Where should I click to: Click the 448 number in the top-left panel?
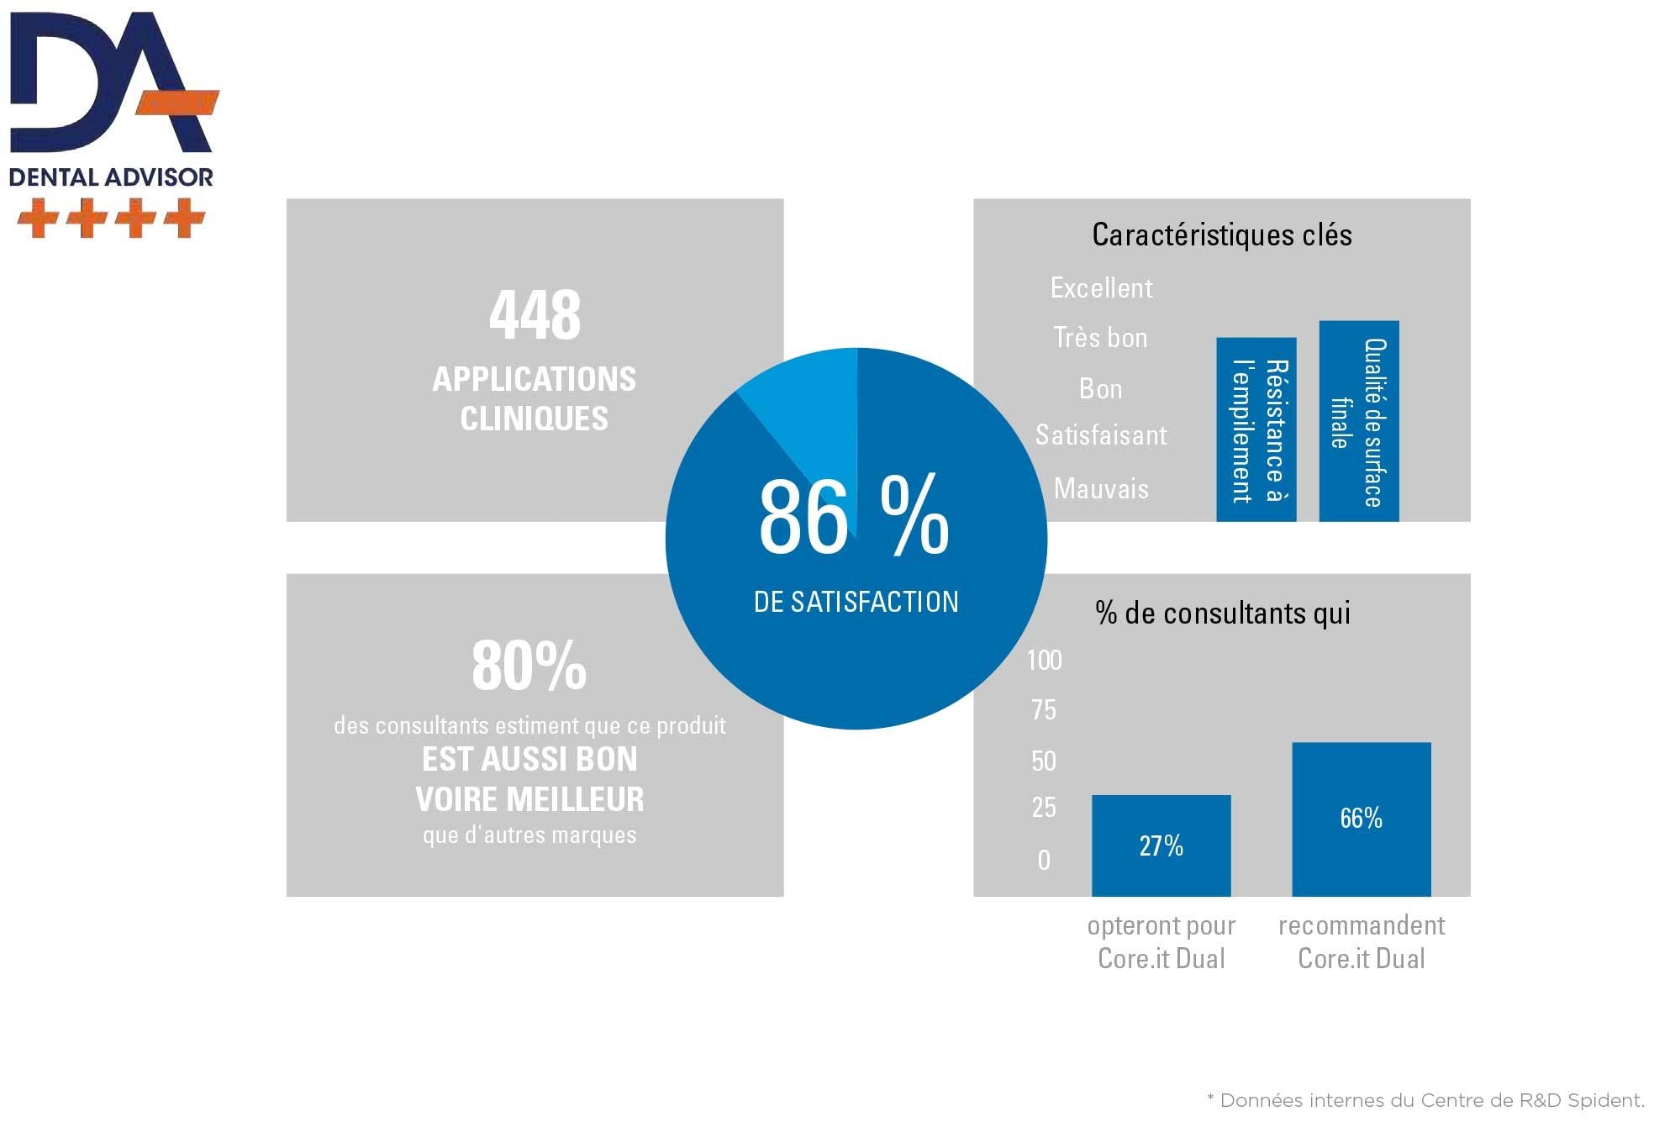535,315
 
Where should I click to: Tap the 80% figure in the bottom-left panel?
529,666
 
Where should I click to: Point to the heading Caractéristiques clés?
1221,234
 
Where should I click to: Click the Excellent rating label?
1101,288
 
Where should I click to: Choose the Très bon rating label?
1100,338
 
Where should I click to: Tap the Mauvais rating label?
1101,488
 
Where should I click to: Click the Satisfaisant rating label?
1101,435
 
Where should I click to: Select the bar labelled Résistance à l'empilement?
1256,429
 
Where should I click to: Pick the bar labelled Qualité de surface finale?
1358,421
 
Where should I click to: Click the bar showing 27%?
1161,845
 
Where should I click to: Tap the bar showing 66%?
1361,819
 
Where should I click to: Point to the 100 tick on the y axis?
1044,661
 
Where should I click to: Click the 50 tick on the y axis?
1044,761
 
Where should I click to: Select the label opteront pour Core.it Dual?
1161,942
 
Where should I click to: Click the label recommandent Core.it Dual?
1361,942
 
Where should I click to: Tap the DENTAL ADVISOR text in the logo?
111,177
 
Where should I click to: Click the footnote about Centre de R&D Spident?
1425,1100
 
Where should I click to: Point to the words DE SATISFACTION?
856,602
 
